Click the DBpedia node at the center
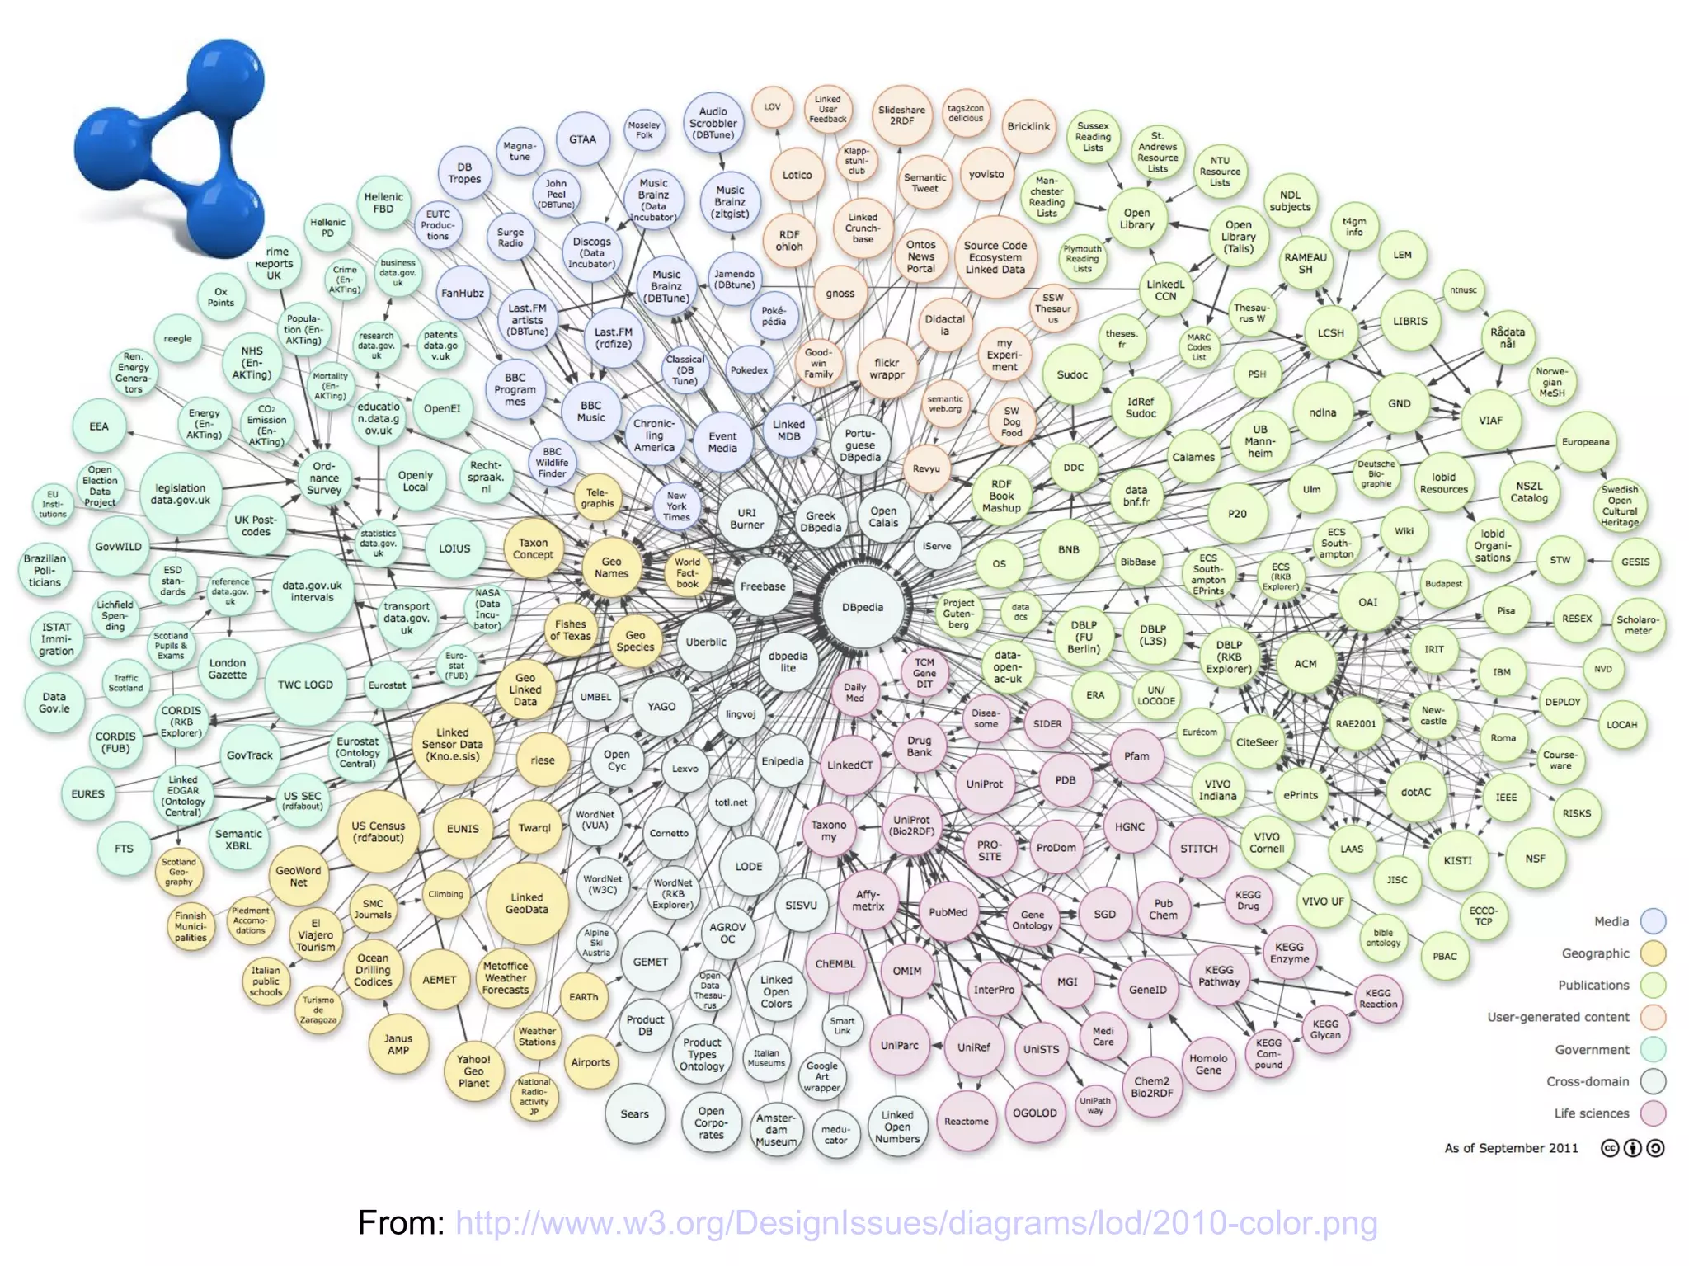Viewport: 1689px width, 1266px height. tap(863, 608)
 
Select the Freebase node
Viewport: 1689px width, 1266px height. tap(763, 586)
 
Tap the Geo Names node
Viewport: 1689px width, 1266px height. tap(611, 567)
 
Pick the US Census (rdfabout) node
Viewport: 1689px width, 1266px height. tap(379, 831)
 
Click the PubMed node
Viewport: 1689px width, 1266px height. tap(948, 912)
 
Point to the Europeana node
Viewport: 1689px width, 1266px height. tap(1585, 442)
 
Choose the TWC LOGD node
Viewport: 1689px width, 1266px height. tap(305, 685)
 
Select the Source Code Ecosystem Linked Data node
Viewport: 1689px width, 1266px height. tap(995, 257)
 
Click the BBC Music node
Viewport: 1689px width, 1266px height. tap(590, 412)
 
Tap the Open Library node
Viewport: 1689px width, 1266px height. tap(1136, 219)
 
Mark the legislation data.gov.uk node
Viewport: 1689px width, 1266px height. tap(181, 494)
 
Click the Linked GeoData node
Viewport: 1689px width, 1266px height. tap(527, 903)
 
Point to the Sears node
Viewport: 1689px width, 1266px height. tap(634, 1113)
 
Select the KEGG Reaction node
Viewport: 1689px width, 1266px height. tap(1378, 998)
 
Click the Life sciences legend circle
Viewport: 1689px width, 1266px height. tap(1653, 1113)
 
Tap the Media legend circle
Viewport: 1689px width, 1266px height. tap(1653, 921)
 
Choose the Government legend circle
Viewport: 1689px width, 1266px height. tap(1653, 1050)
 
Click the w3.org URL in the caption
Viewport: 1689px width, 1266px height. tap(916, 1223)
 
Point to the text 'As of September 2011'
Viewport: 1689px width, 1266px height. tap(1511, 1148)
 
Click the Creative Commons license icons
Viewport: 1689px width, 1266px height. tap(1632, 1148)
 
